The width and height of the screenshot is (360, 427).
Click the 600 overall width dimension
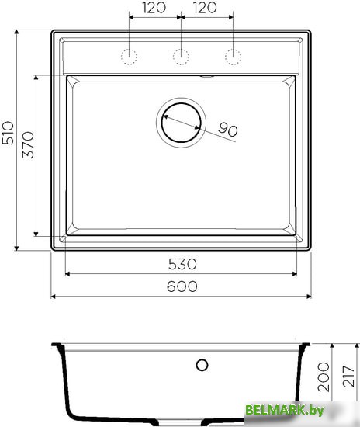coord(181,286)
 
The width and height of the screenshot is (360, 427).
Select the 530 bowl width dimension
coord(181,263)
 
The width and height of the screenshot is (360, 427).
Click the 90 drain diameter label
coord(227,130)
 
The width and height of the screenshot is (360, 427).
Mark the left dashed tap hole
coord(129,56)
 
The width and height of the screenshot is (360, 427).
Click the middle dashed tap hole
coord(181,56)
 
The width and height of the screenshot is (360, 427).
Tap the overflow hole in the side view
coord(202,365)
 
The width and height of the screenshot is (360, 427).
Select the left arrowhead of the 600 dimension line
coord(54,297)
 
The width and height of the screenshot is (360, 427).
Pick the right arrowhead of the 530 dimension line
coord(294,273)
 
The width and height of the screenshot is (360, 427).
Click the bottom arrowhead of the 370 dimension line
coord(37,233)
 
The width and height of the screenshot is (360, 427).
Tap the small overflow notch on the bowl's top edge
coord(207,76)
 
